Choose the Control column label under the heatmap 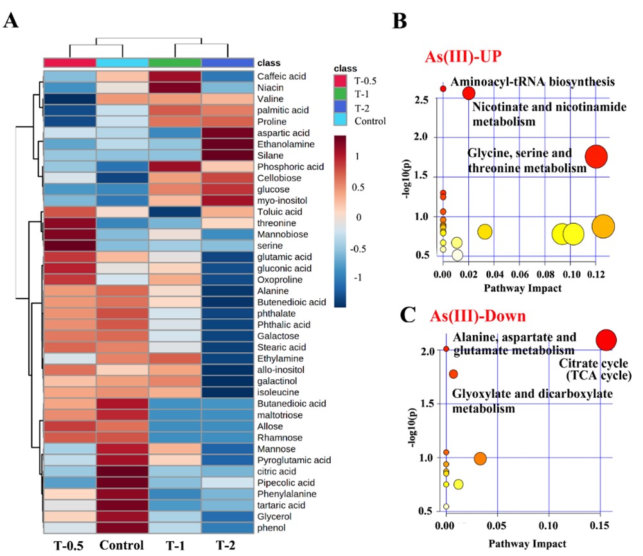coord(122,546)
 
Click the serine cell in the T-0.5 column coord(69,245)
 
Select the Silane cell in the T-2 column coord(228,155)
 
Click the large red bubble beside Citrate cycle coord(606,339)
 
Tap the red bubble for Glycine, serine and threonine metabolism coord(597,156)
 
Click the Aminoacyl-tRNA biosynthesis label coord(533,82)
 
